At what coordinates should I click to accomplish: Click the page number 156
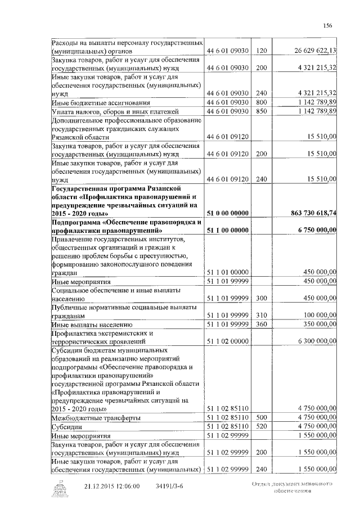(328, 25)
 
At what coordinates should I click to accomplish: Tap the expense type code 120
(260, 51)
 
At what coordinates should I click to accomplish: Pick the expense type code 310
(260, 315)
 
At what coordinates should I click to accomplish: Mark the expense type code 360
(260, 325)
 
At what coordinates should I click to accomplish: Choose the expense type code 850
(260, 111)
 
